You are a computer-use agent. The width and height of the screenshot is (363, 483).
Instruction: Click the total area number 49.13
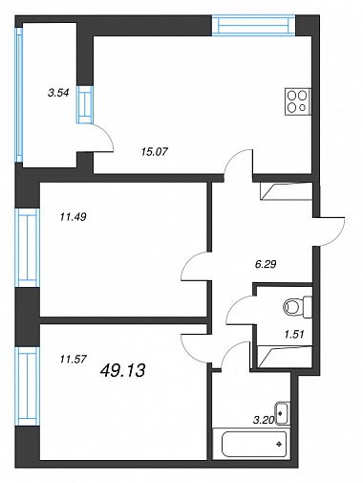coord(122,370)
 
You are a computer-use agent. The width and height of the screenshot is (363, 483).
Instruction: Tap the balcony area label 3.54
coord(58,94)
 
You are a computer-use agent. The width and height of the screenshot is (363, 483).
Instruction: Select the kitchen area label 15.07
coord(154,152)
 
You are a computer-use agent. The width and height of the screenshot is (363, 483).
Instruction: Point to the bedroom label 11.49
coord(74,217)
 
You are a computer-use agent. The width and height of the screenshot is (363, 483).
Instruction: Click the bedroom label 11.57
coord(74,360)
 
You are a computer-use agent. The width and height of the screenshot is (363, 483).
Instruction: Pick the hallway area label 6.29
coord(266,264)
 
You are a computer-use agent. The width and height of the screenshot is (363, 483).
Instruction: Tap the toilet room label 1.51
coord(294,334)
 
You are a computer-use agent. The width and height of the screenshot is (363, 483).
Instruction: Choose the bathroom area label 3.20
coord(264,420)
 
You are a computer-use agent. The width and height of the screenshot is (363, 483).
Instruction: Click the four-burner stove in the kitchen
coord(298,100)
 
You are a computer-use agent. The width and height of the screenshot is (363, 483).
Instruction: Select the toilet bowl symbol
coord(297,307)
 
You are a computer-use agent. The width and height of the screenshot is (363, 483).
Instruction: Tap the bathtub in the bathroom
coord(249,444)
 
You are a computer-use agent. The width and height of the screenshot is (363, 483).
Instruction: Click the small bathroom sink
coord(283,413)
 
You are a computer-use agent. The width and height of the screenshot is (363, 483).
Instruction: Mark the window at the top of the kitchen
coord(254,25)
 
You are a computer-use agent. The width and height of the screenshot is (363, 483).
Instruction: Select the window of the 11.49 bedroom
coord(27,249)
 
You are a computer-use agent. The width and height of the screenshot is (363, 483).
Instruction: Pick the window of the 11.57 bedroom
coord(27,386)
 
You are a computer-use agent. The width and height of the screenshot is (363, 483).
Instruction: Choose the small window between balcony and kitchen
coord(85,104)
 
